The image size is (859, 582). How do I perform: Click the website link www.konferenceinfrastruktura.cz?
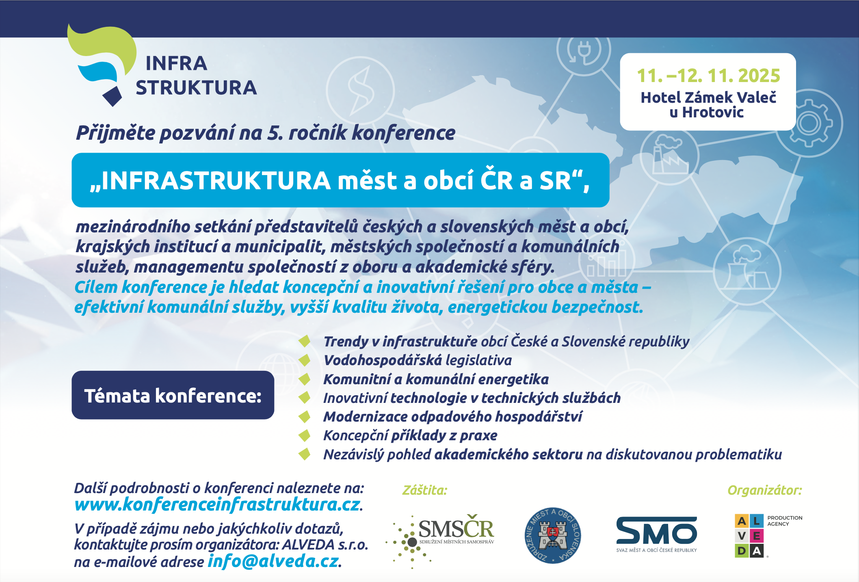[217, 504]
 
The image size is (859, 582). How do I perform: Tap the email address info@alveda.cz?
[273, 561]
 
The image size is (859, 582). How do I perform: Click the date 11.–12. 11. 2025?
[708, 76]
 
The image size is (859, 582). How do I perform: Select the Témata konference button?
[173, 395]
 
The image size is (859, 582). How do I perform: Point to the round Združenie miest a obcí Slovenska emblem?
[553, 535]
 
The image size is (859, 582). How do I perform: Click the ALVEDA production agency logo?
[768, 536]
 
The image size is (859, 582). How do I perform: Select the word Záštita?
[424, 490]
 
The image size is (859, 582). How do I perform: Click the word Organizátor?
[765, 490]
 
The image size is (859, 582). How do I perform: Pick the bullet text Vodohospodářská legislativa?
[418, 360]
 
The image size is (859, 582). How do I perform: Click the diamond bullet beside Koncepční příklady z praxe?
[304, 435]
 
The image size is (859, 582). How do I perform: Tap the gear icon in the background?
[809, 123]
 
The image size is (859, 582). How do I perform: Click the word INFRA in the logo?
[176, 63]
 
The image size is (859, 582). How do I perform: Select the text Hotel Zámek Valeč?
[708, 97]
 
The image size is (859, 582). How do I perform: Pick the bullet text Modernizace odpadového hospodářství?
[453, 416]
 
